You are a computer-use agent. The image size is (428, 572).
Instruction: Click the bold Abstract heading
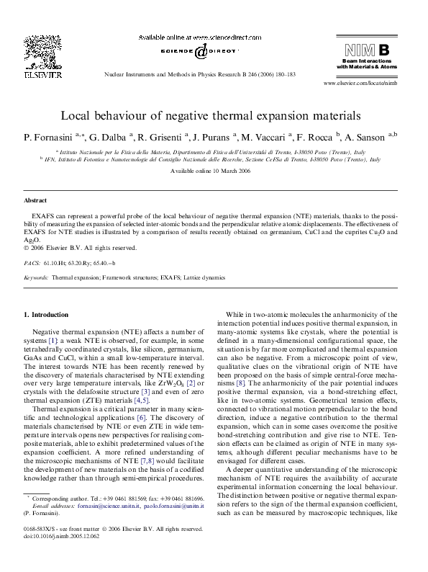pyautogui.click(x=35, y=200)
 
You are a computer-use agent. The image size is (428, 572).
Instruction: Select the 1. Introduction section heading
pyautogui.click(x=47, y=315)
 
